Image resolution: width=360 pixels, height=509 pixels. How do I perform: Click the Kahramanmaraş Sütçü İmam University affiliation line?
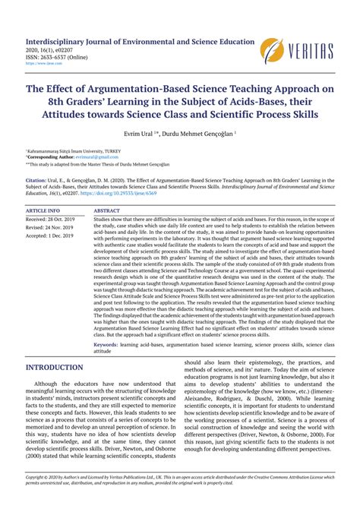point(68,151)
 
